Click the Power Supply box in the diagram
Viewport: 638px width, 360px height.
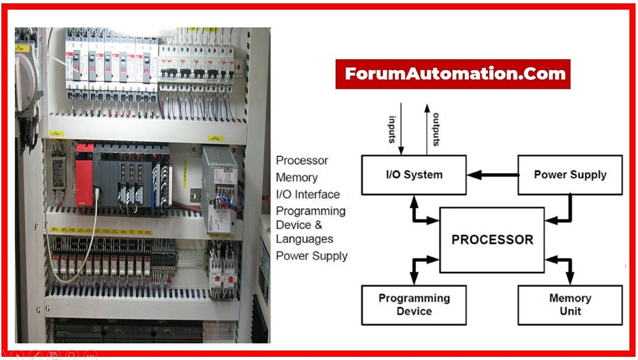pos(569,174)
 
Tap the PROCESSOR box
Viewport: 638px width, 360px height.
pos(492,240)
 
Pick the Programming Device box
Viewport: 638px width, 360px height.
pos(413,304)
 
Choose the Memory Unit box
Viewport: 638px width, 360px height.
pos(569,304)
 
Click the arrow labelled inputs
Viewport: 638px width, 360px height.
pos(401,128)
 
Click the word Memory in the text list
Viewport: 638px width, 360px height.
pos(297,177)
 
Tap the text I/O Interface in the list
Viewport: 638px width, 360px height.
pos(308,195)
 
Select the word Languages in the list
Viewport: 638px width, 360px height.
pos(304,239)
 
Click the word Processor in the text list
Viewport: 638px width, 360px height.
pos(302,161)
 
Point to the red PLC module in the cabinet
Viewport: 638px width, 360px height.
pos(84,174)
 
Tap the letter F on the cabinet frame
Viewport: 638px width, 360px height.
pos(36,227)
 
